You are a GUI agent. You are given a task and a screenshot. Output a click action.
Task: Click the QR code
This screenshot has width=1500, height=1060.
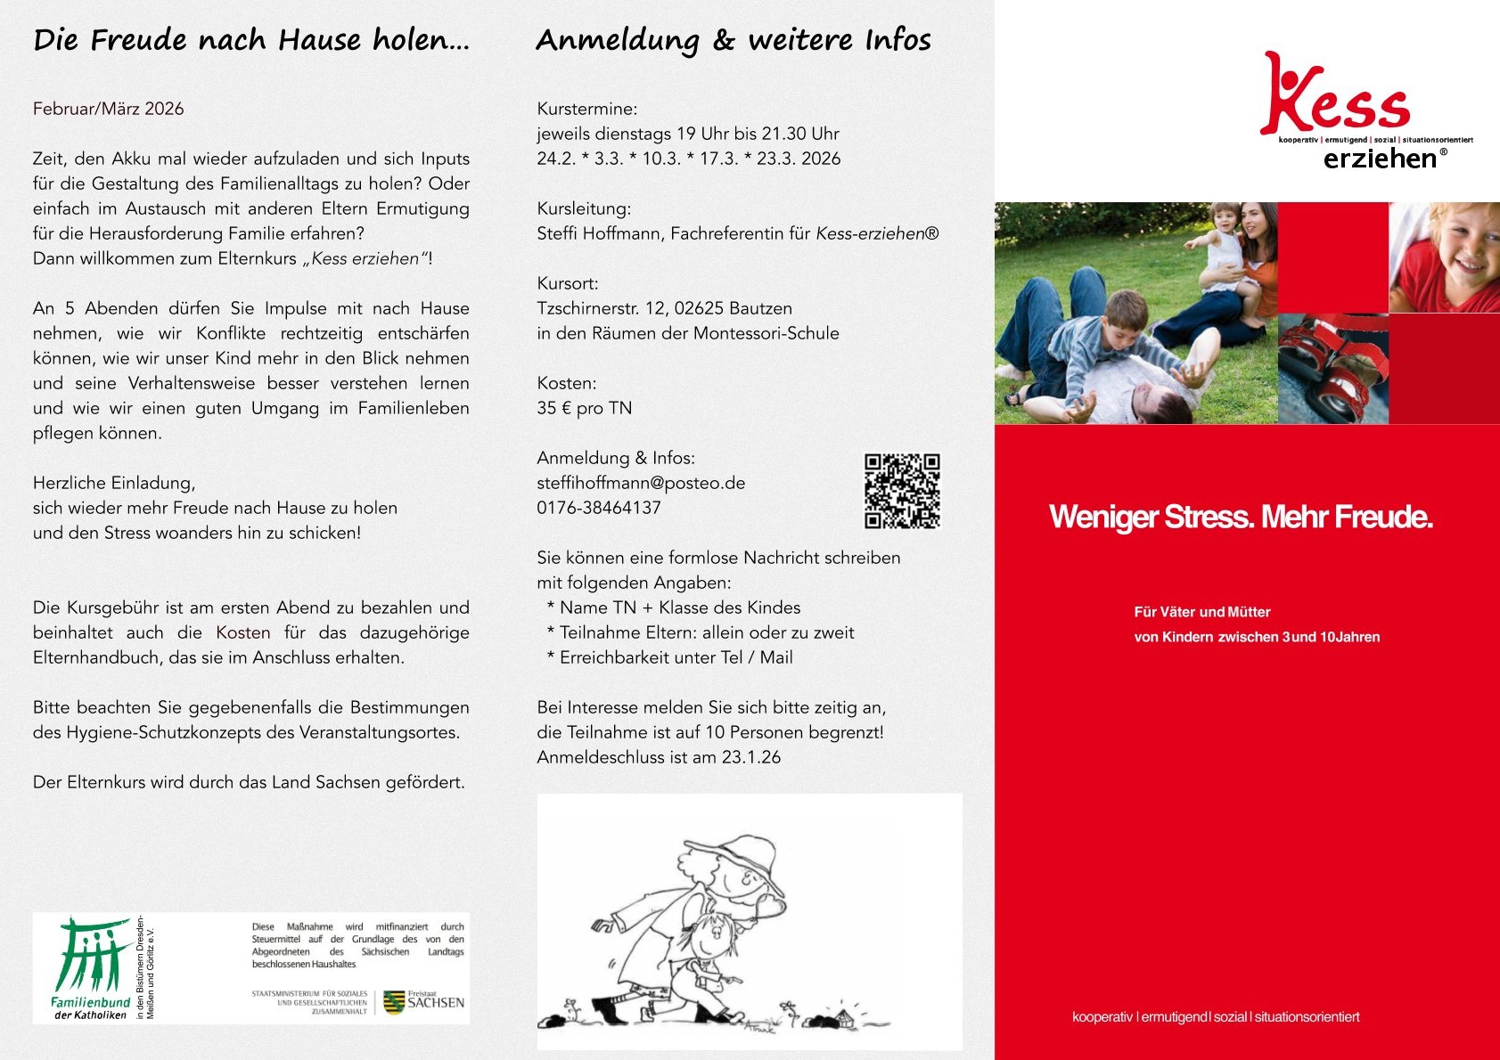pyautogui.click(x=902, y=491)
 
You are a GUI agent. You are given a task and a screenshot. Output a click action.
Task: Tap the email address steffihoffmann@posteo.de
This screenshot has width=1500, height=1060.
pyautogui.click(x=641, y=483)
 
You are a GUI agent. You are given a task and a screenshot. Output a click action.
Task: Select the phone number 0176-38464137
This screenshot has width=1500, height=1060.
pyautogui.click(x=599, y=508)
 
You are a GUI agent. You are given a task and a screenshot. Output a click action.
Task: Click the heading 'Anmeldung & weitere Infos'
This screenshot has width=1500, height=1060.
pyautogui.click(x=733, y=40)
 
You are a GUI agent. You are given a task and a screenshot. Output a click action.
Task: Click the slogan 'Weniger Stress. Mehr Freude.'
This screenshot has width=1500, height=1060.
pyautogui.click(x=1241, y=517)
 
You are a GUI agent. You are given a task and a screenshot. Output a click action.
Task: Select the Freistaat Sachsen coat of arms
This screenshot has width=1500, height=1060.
pyautogui.click(x=394, y=1002)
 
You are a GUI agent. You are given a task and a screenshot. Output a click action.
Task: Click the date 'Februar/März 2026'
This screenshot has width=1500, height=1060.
pyautogui.click(x=108, y=109)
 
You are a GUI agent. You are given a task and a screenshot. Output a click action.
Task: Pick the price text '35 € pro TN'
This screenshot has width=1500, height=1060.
pyautogui.click(x=584, y=408)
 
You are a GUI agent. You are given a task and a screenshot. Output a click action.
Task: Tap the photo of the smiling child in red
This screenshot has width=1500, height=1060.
pyautogui.click(x=1444, y=257)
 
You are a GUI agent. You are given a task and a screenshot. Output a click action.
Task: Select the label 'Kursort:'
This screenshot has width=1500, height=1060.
pyautogui.click(x=568, y=283)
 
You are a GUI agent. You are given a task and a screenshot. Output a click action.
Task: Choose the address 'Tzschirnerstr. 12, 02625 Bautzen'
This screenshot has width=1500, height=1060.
pyautogui.click(x=664, y=308)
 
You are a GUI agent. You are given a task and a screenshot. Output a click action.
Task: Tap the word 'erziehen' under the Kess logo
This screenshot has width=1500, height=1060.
pyautogui.click(x=1380, y=159)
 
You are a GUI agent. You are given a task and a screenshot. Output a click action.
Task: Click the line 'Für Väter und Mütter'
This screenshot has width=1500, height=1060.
pyautogui.click(x=1201, y=612)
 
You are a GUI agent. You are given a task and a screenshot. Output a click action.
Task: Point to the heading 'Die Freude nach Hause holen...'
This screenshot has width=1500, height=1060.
pyautogui.click(x=251, y=40)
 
